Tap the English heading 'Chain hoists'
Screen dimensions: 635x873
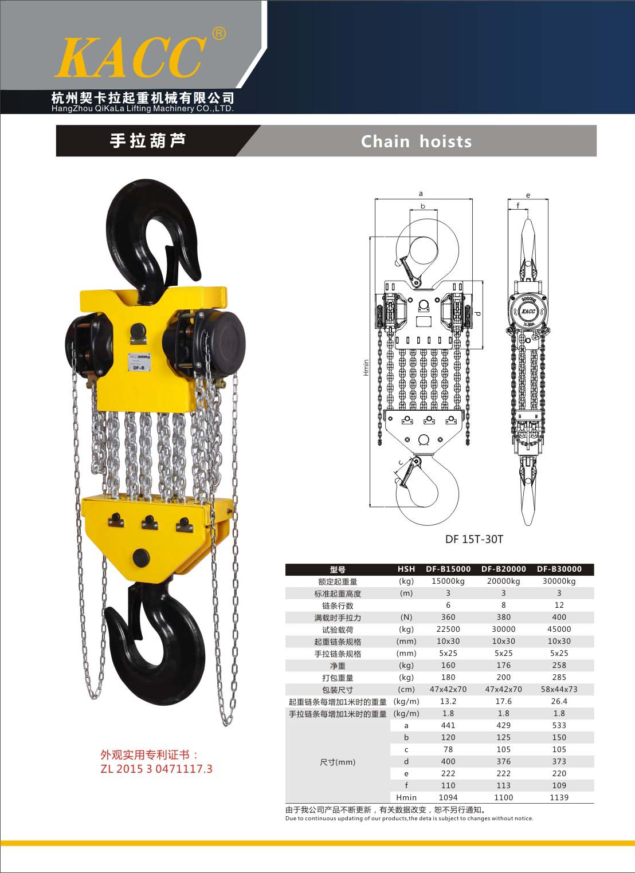(416, 141)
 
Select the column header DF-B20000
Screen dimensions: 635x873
(504, 569)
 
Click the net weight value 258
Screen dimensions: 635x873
(559, 665)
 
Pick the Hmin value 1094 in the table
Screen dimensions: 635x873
(448, 797)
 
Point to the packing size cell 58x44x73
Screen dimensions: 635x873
(559, 689)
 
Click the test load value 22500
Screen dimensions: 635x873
(448, 629)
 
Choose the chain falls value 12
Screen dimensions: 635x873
(559, 605)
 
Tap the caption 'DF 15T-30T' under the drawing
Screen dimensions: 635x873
(474, 540)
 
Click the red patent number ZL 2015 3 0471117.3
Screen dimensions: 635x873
(156, 769)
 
